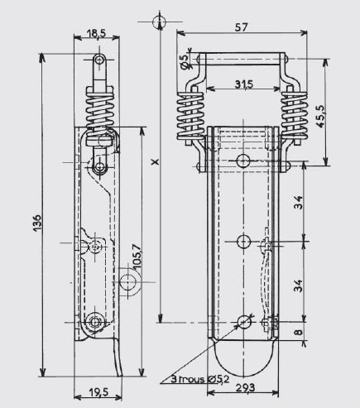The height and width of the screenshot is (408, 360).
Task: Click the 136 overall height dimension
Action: point(37,223)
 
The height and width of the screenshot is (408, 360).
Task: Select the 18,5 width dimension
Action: point(96,34)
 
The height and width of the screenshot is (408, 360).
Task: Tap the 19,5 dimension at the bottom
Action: point(99,391)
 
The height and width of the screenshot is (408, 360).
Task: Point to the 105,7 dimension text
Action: point(137,257)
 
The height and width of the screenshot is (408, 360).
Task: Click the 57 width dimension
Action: point(242,27)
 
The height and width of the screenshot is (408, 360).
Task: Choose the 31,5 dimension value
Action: point(244,84)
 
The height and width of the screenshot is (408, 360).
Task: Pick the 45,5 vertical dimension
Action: point(320,116)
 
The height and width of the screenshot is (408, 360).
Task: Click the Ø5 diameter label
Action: point(185,62)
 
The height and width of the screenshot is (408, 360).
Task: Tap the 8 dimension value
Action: point(299,332)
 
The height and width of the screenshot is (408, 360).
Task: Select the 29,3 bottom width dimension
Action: point(245,388)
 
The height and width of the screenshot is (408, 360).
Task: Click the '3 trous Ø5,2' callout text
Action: point(200,379)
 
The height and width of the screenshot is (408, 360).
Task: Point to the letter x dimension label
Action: point(156,161)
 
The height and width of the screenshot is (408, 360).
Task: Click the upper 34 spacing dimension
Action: point(298,202)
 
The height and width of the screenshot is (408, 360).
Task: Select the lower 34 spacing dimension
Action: point(298,286)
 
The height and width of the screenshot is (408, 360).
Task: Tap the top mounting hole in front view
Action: point(243,161)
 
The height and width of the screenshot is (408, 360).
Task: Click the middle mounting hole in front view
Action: point(243,242)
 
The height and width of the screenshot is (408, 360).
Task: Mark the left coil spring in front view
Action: point(190,116)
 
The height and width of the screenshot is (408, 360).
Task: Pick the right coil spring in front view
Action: point(294,116)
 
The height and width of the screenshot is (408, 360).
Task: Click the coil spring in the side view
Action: point(100,113)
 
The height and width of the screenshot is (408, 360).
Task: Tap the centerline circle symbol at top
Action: point(159,22)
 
